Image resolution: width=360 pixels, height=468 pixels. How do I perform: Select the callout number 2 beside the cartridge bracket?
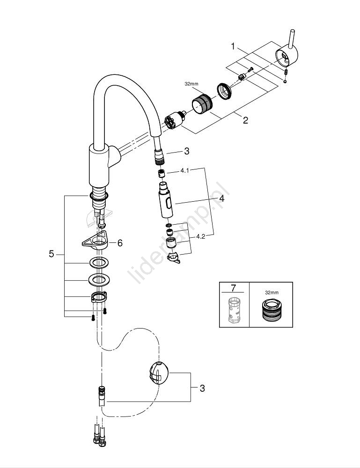(245, 120)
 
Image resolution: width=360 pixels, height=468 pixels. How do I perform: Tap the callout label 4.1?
(184, 171)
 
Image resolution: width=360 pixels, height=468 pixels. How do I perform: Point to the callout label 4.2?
(201, 236)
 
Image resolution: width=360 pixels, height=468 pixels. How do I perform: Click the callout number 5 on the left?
(51, 254)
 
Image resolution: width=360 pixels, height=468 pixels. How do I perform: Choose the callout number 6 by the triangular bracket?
(120, 242)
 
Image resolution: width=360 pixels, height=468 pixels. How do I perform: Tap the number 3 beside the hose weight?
(202, 388)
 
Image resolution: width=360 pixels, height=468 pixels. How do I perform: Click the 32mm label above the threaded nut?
(192, 84)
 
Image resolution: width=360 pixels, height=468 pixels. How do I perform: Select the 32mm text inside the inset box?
(271, 292)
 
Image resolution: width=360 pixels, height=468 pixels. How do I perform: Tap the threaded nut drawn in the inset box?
(271, 309)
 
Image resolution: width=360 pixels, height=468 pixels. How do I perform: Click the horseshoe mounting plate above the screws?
(99, 297)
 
